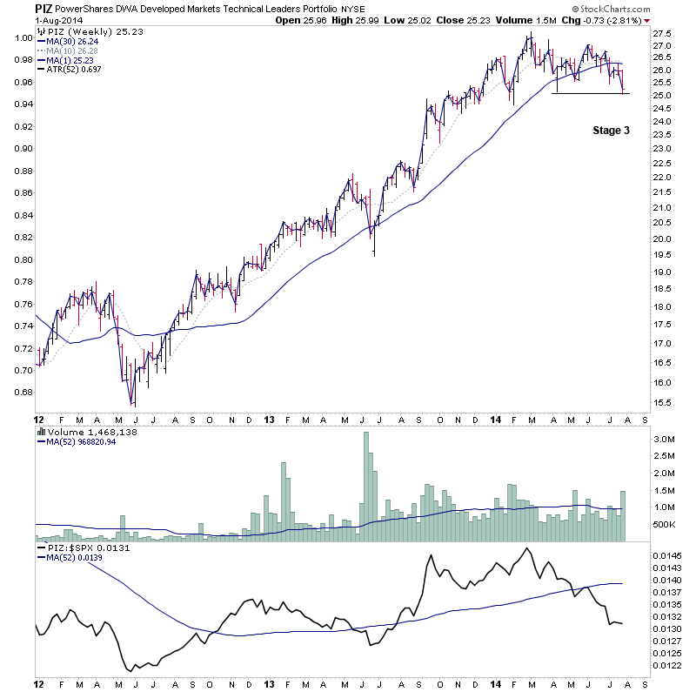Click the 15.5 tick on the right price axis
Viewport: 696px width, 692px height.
pyautogui.click(x=664, y=403)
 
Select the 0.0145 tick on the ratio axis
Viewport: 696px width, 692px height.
pyautogui.click(x=668, y=554)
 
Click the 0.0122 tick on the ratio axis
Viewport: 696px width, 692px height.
pyautogui.click(x=668, y=664)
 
